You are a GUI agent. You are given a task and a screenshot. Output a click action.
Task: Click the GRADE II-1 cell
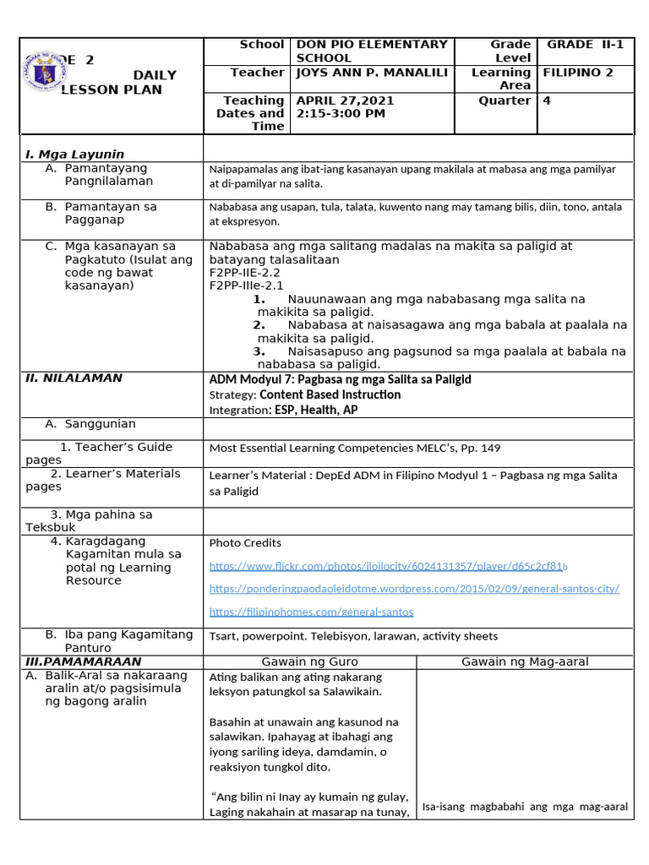click(585, 45)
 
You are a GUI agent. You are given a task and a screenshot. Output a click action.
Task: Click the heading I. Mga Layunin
click(75, 155)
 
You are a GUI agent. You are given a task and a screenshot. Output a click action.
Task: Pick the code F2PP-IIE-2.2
click(244, 273)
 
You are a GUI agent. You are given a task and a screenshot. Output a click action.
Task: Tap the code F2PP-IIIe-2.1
click(245, 286)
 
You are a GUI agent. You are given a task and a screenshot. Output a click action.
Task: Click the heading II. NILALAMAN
click(74, 378)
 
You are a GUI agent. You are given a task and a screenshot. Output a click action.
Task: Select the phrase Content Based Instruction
click(330, 394)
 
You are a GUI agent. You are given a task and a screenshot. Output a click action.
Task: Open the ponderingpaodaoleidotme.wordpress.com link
click(414, 589)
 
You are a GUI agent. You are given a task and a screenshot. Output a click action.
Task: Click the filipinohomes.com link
click(311, 612)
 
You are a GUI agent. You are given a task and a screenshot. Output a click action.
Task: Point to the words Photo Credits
click(245, 543)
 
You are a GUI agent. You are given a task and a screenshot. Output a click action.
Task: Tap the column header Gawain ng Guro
click(309, 661)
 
